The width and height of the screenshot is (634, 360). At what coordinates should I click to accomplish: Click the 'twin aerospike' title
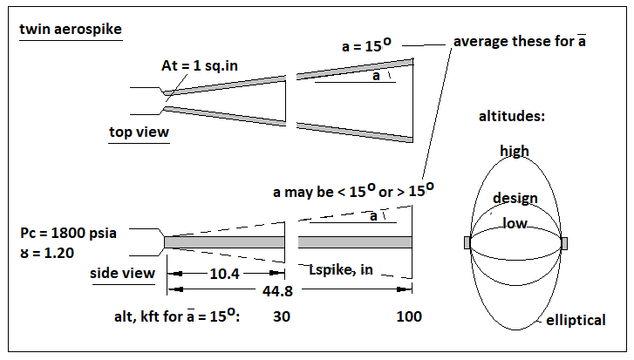(x=71, y=30)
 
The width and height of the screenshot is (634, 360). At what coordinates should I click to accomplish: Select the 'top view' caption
(x=139, y=132)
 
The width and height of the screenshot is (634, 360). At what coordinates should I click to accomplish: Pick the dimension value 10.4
(x=225, y=274)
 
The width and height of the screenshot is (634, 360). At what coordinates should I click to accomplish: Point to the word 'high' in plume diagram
(x=515, y=152)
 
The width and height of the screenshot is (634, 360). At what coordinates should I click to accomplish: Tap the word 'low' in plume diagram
(x=514, y=223)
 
